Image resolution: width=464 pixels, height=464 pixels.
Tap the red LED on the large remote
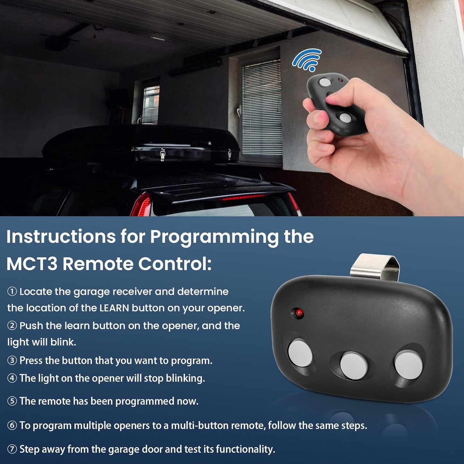coord(299,313)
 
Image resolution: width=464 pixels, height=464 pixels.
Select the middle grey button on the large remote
coord(354,366)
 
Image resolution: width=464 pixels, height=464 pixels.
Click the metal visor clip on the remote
coord(375,267)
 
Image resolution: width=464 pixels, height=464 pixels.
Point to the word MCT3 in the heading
coord(32,264)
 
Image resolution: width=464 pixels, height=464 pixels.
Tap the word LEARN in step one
coord(114,308)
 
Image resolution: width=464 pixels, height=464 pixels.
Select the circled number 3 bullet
coord(12,361)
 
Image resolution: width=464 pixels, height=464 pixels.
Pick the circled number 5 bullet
coord(12,401)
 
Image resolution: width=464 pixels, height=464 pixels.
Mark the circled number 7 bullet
coord(12,449)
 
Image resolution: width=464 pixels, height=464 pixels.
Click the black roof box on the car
coord(141,144)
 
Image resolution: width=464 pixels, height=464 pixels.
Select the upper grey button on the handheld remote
coord(325,83)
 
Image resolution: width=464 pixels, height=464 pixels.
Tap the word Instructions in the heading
coord(61,237)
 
